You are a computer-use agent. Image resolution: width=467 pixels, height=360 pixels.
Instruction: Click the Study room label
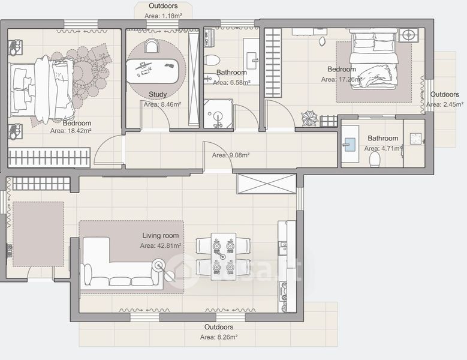[x=158, y=94]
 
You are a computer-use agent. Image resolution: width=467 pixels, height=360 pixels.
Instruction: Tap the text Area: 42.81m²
[x=161, y=246]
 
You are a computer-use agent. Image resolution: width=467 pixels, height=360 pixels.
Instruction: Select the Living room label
[x=161, y=236]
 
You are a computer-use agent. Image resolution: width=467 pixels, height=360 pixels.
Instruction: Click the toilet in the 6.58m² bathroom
[x=213, y=60]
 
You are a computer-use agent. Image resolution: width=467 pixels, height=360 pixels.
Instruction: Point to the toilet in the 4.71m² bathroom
[x=375, y=160]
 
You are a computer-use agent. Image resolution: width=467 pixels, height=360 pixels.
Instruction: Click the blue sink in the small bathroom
[x=350, y=145]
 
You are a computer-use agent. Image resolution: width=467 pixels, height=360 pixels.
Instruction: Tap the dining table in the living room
[x=224, y=257]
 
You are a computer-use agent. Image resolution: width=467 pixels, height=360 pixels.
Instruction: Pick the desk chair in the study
[x=152, y=46]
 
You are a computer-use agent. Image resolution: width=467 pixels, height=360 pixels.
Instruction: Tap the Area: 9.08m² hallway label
[x=231, y=155]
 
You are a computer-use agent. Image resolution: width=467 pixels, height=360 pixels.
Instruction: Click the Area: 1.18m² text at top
[x=163, y=16]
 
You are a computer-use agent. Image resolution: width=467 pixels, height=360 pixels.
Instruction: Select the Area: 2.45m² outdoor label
[x=445, y=104]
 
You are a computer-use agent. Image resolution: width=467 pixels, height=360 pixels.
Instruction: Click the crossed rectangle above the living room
[x=267, y=184]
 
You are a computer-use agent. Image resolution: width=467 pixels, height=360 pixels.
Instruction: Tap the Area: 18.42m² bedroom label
[x=71, y=131]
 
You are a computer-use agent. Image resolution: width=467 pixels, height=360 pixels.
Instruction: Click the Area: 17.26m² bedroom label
[x=342, y=80]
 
